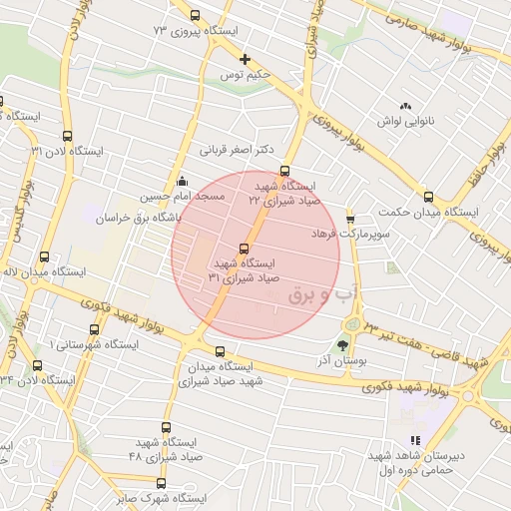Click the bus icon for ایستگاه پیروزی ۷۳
click(x=195, y=16)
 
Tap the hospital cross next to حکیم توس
click(x=246, y=59)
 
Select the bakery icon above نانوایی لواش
click(x=405, y=106)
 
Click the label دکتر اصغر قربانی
click(x=237, y=151)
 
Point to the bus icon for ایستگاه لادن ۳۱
click(x=67, y=136)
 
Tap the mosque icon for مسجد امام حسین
click(x=181, y=182)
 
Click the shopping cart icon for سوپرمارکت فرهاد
click(x=350, y=218)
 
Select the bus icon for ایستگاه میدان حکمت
click(x=428, y=197)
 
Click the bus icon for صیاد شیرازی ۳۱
click(x=245, y=249)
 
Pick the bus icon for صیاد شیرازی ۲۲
click(x=285, y=171)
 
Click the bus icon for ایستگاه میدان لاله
click(x=44, y=256)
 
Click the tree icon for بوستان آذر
click(x=343, y=345)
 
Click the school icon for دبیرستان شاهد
click(x=415, y=441)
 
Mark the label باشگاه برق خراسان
click(x=160, y=217)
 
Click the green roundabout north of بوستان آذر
click(x=353, y=324)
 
